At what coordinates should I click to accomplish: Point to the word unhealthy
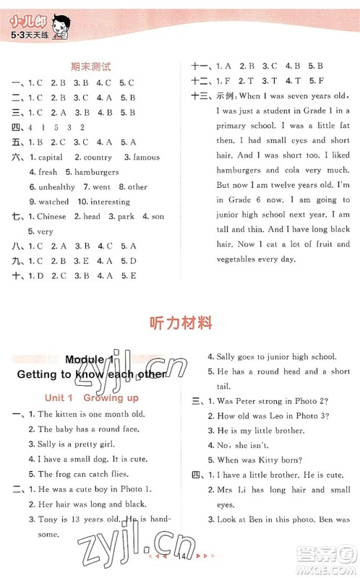pos(57,187)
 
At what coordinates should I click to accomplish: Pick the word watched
pos(53,202)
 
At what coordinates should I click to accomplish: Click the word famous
pos(146,157)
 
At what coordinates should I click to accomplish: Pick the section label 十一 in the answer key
pos(199,65)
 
